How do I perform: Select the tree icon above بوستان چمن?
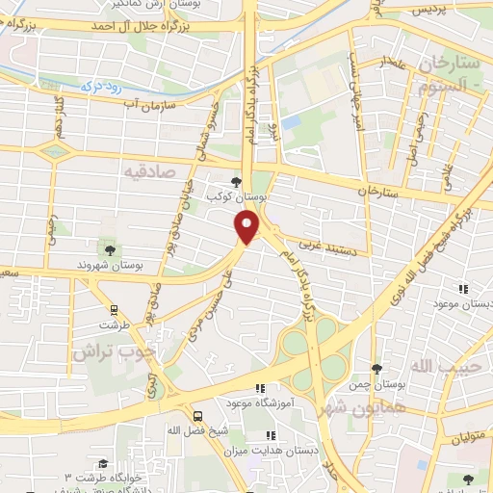pos(376,368)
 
